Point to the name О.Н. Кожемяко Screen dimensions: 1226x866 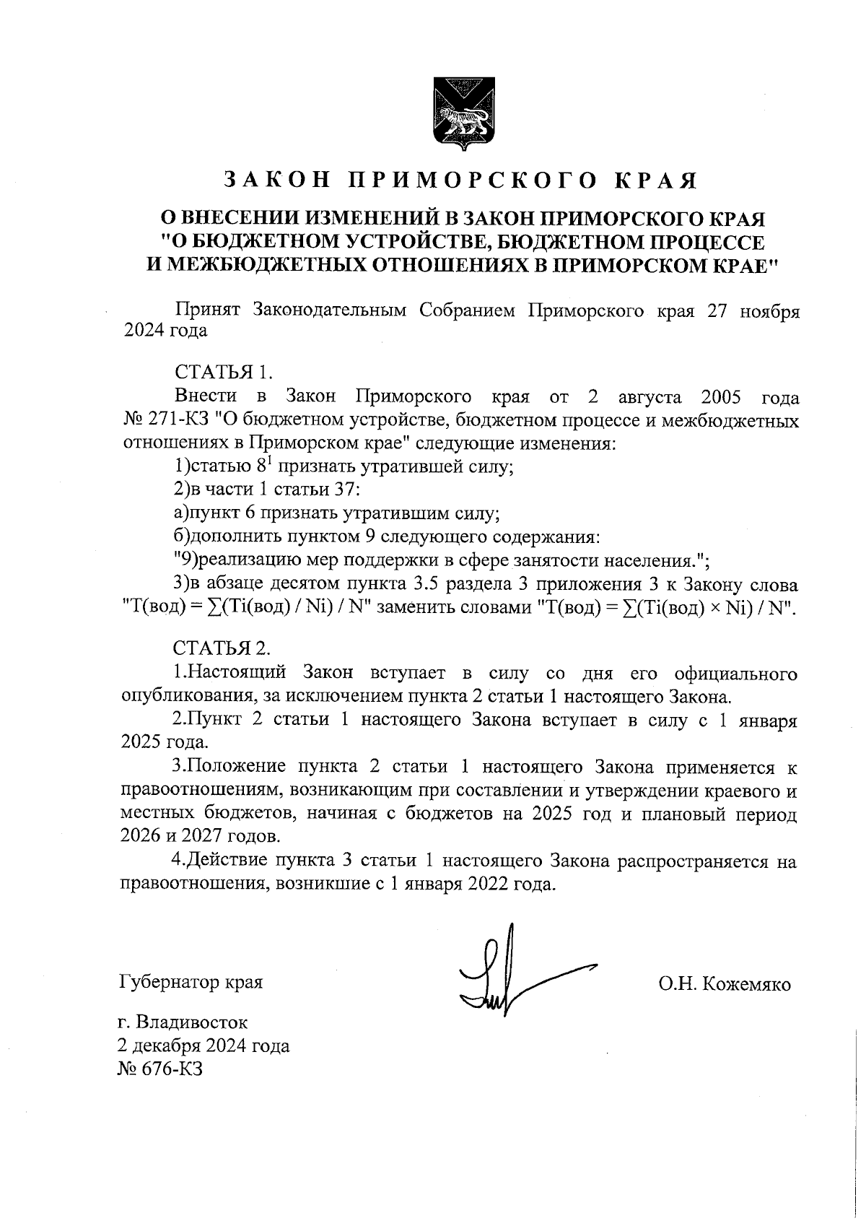[724, 984]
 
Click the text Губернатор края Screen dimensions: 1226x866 [191, 982]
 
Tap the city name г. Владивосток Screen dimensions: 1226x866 [183, 1022]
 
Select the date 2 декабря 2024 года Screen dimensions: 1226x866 [203, 1045]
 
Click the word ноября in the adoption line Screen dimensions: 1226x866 [773, 311]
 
